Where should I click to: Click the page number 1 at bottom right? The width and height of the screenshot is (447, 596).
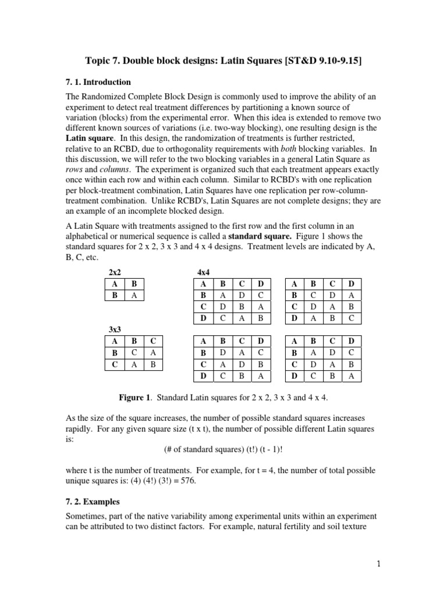(x=378, y=563)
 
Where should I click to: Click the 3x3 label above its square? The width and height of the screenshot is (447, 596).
(x=115, y=329)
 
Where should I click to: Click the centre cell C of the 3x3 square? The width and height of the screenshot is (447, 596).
(x=134, y=353)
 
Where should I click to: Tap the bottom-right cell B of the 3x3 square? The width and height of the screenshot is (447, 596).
(x=153, y=364)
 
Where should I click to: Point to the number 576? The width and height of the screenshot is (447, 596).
(x=258, y=481)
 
